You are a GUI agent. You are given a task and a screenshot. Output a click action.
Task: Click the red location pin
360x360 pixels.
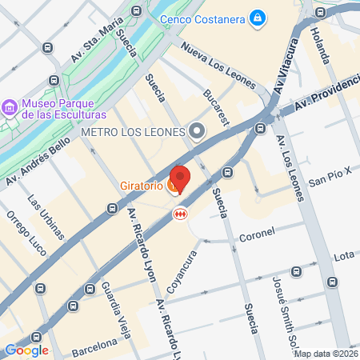click(180, 179)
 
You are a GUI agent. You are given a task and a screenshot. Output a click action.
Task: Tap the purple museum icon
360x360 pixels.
click(10, 106)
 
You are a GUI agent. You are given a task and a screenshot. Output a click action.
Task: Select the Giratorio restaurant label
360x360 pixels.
click(142, 186)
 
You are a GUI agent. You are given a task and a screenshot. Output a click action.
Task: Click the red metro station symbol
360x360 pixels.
click(182, 214)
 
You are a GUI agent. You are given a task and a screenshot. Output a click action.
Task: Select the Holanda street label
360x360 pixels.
click(320, 46)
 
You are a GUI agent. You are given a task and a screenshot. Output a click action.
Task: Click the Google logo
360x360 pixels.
click(26, 350)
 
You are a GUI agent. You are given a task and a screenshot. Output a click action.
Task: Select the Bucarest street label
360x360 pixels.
click(216, 106)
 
